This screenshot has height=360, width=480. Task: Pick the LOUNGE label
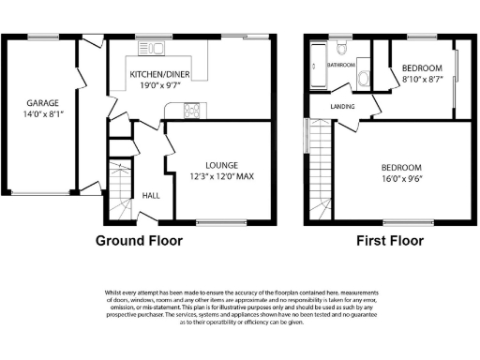(x=222, y=165)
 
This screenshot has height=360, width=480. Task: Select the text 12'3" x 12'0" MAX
(x=222, y=176)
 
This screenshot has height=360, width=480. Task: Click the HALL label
(x=150, y=195)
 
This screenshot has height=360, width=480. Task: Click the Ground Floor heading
(x=139, y=240)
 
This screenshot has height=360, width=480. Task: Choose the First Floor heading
(x=389, y=240)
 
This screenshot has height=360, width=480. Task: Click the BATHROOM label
(x=340, y=66)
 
